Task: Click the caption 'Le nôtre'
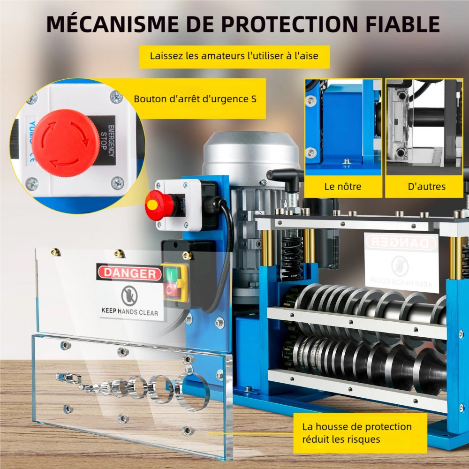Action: (343, 186)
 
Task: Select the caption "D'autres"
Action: (426, 186)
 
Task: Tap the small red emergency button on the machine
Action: (155, 206)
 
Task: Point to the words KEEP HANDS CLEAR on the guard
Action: (130, 311)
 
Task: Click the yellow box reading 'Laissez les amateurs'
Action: (234, 56)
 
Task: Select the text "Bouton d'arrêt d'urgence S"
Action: (195, 99)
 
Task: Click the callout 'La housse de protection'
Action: (357, 433)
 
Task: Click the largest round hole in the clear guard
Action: (192, 390)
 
